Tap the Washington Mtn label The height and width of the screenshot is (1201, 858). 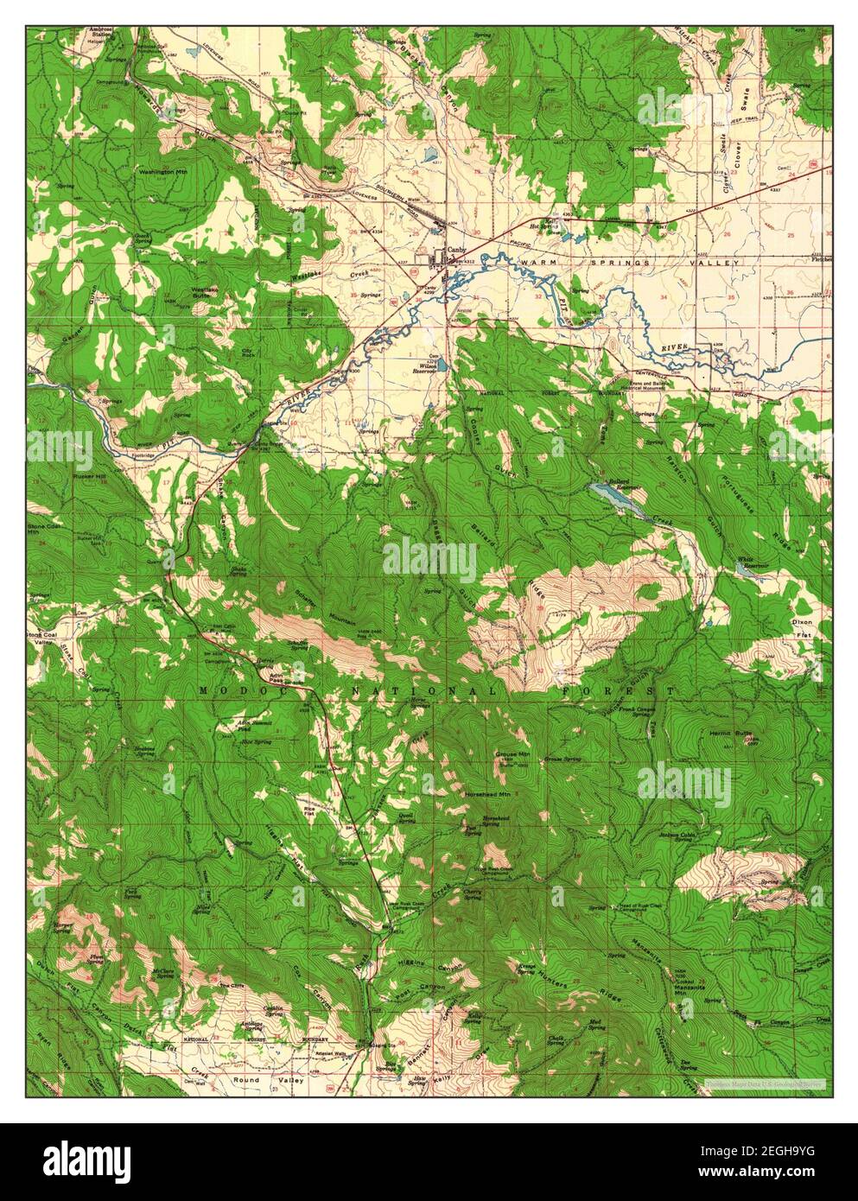click(163, 172)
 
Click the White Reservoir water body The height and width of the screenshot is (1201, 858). click(742, 569)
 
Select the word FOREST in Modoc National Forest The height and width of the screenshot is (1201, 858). click(617, 691)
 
